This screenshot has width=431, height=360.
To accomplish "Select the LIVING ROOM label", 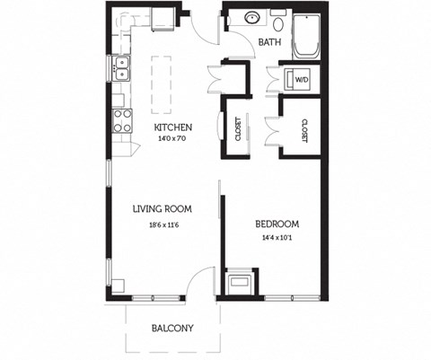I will point(163,209).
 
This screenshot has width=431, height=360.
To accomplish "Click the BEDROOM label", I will point(276,224).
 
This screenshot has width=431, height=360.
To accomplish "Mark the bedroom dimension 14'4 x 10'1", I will point(276,238).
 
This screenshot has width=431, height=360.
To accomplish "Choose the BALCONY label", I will point(172,329).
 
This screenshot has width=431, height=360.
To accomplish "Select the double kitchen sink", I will point(121,68).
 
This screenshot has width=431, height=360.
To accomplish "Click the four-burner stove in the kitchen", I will point(121,120).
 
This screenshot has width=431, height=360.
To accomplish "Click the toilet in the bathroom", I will point(277,21).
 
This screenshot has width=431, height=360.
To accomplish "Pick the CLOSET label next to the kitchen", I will point(239,130).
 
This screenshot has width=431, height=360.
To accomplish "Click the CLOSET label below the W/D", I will point(305,130).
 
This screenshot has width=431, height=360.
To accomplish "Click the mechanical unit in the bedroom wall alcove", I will point(241,284).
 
